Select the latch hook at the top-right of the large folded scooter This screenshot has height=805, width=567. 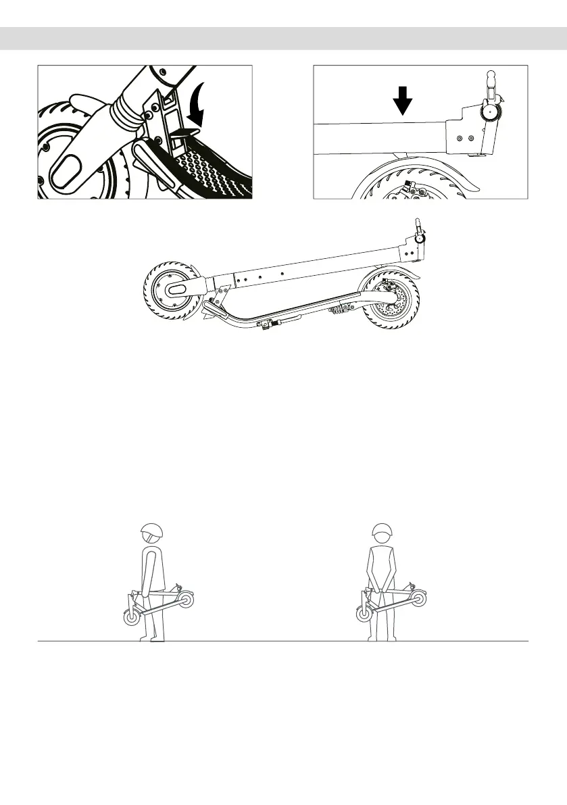(419, 233)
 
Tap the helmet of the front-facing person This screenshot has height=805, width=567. (383, 533)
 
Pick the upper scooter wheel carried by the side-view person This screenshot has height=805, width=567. (186, 600)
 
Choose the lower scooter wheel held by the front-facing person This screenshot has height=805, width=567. (365, 614)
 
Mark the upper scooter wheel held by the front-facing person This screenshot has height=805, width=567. (419, 597)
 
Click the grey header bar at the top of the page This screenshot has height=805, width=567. (283, 39)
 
